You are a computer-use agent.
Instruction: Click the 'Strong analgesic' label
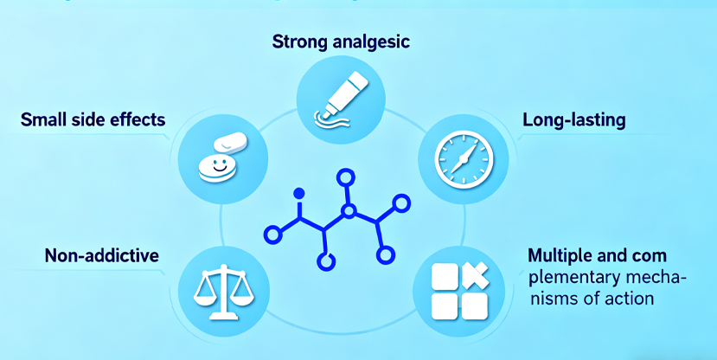[x=341, y=42]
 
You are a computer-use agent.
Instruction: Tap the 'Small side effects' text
[x=93, y=119]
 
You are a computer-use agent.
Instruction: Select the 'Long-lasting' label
[x=574, y=120]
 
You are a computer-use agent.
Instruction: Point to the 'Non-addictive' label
[x=102, y=255]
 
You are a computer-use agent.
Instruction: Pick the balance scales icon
[x=223, y=291]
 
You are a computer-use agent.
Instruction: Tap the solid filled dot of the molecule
[x=298, y=192]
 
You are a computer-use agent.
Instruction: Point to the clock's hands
[x=464, y=158]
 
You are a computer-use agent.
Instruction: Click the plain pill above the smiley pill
[x=230, y=143]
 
